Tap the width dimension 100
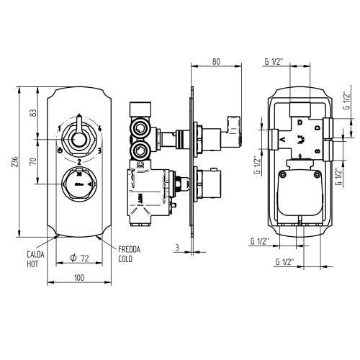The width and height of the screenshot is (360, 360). pyautogui.click(x=78, y=277)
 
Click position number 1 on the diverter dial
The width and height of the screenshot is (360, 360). pyautogui.click(x=58, y=128)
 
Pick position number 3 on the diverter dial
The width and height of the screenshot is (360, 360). pyautogui.click(x=99, y=150)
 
